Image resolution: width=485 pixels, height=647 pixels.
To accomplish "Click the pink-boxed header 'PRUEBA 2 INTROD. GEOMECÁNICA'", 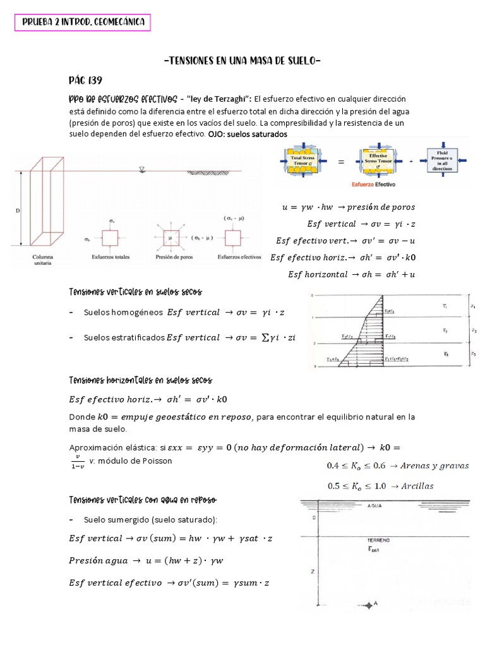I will point(83,23).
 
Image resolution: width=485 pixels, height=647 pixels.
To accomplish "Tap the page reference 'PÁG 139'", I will point(85,81).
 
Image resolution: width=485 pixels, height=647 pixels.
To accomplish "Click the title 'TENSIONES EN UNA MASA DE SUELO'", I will point(242,61).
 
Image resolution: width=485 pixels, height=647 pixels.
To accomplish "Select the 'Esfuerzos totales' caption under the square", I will point(111,257).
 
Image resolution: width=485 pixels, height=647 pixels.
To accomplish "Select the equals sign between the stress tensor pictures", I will point(341,162).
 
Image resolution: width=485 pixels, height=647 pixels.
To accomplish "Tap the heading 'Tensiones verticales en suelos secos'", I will point(135,291).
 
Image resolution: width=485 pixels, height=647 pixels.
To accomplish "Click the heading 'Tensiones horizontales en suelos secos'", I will point(140,380).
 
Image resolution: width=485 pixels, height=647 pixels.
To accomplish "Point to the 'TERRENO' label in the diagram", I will point(378,541).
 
